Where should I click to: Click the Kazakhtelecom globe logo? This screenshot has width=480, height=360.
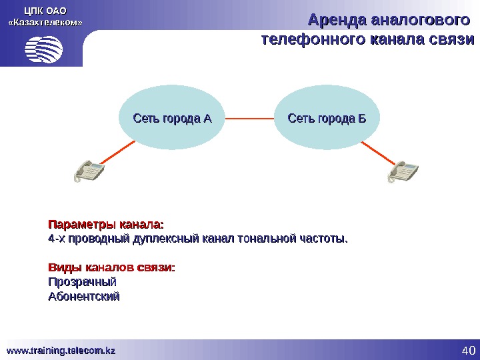click(x=44, y=49)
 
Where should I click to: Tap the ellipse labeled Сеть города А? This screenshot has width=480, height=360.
click(x=172, y=119)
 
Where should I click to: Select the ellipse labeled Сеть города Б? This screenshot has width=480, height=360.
click(x=327, y=119)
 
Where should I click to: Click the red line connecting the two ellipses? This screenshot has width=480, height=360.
click(x=249, y=119)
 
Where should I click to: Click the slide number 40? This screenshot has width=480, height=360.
click(x=467, y=351)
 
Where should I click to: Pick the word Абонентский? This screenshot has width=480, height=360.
click(x=85, y=297)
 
